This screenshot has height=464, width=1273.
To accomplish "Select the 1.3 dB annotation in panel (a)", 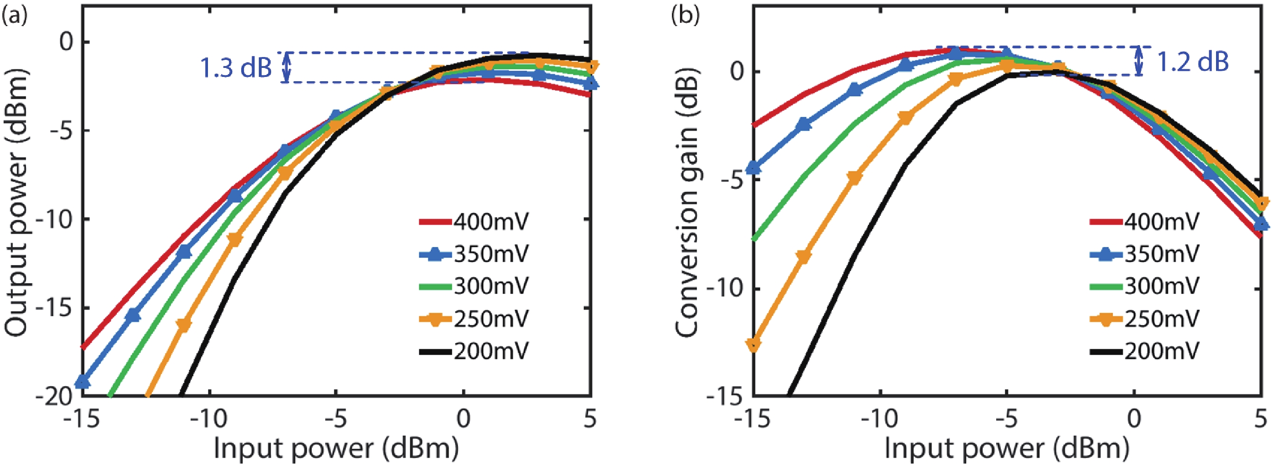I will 236,67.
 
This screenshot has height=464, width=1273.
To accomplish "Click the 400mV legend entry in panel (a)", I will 474,222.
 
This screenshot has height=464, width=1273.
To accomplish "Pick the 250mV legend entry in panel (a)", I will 474,319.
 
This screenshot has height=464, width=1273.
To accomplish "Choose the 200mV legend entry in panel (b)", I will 1144,351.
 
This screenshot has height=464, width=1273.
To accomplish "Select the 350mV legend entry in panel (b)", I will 1144,254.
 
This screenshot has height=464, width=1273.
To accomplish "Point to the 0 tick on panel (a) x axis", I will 463,418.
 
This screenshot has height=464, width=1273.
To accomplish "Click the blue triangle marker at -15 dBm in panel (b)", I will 753,168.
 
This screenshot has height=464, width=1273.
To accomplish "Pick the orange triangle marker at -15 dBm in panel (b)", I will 753,345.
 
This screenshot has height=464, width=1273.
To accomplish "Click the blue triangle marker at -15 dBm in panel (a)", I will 83,382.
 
